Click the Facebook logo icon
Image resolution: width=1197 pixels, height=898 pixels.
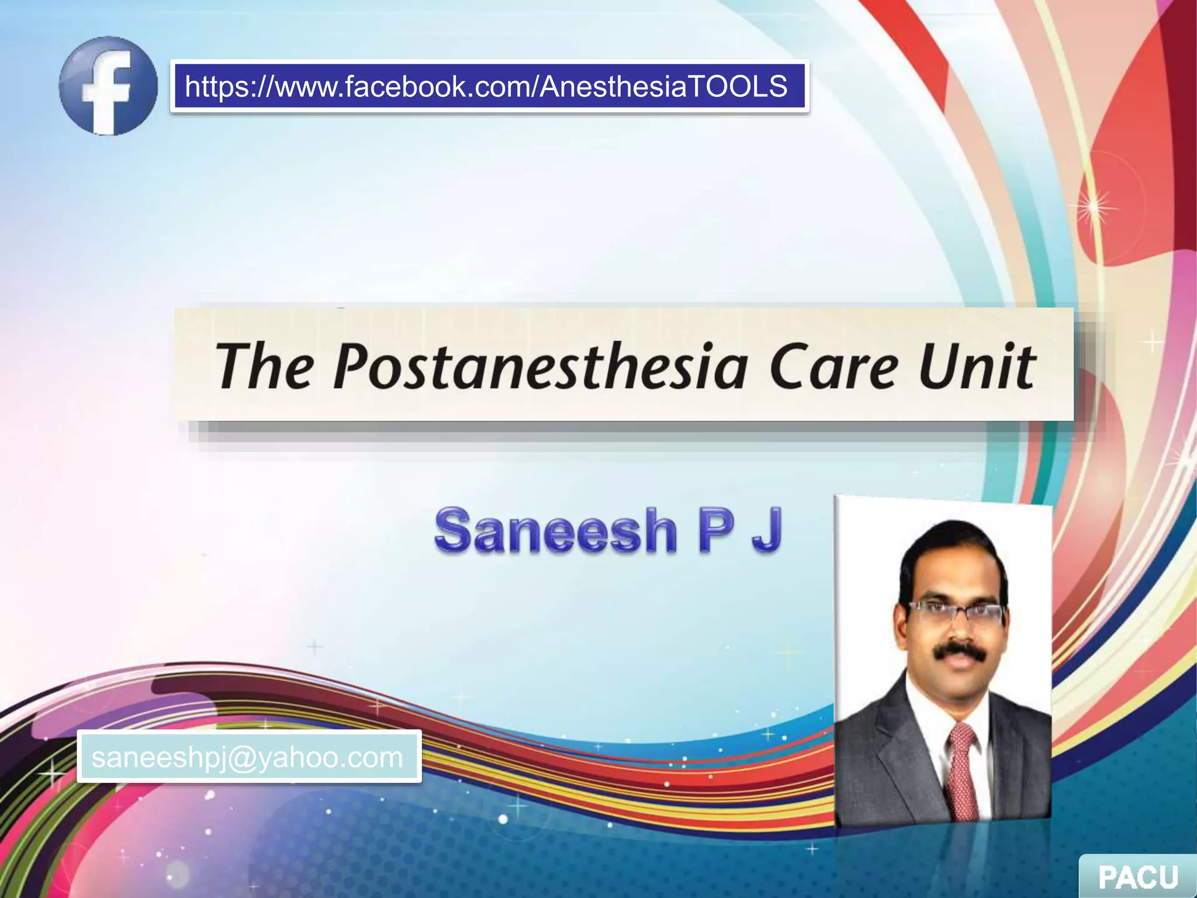click(108, 86)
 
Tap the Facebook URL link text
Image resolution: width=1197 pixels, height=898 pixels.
click(486, 87)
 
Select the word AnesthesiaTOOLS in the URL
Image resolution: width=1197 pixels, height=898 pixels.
click(663, 87)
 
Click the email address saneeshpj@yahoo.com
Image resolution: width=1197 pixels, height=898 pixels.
click(247, 757)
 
